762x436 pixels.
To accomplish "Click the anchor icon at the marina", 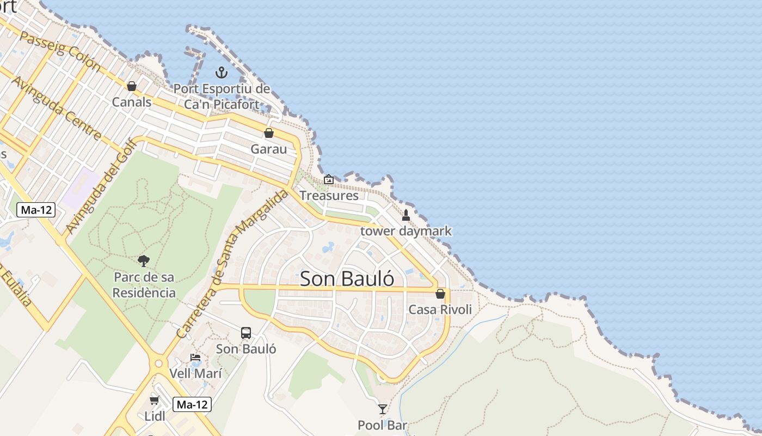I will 222,72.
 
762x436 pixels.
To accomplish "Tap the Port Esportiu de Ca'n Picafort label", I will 222,96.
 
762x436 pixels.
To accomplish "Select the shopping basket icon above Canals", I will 131,86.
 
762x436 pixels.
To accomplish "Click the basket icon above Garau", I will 268,133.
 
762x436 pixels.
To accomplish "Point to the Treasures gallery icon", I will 329,179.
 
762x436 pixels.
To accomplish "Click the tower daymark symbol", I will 405,215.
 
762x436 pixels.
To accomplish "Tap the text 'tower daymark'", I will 406,231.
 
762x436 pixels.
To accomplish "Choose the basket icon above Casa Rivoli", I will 440,294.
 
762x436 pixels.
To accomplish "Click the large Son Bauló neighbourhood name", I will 347,278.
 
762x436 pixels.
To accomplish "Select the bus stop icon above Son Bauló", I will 246,333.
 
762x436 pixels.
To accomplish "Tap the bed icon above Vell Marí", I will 195,358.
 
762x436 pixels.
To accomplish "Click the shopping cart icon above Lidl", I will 155,401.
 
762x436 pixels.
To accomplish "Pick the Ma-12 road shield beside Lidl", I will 192,405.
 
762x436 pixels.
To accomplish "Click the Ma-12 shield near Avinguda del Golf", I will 36,209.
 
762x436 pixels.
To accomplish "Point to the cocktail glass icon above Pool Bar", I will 383,409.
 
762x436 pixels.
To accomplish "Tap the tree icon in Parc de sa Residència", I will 144,261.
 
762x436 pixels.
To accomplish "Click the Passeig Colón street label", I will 60,50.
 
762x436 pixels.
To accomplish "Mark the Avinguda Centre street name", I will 56,107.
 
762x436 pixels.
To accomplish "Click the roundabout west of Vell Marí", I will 159,363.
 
